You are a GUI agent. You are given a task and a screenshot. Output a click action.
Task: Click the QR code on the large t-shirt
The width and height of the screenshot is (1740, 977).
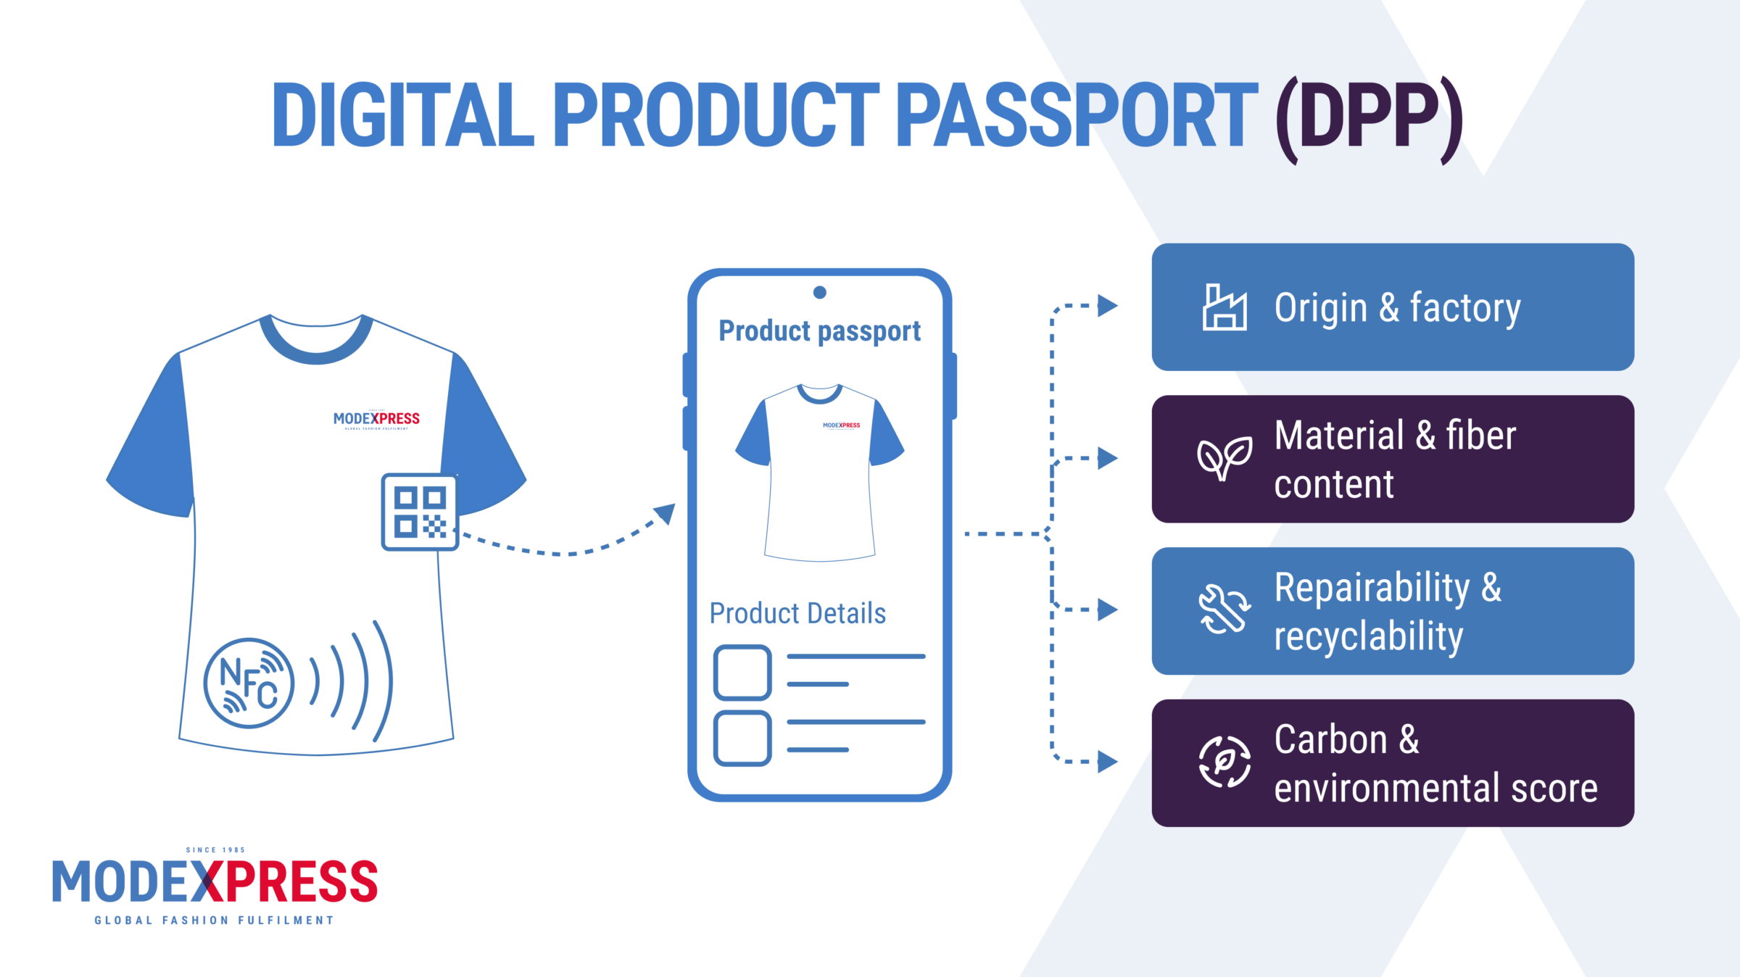coord(420,512)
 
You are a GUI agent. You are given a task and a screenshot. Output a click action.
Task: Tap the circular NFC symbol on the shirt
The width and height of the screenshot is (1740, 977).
coord(249,683)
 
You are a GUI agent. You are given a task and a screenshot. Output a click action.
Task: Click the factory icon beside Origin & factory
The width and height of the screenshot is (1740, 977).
coord(1225,307)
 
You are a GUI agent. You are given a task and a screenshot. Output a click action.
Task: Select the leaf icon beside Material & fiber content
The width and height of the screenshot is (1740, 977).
coord(1224,459)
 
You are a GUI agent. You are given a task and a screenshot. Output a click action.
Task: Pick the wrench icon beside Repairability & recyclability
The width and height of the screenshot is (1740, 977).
coord(1224,610)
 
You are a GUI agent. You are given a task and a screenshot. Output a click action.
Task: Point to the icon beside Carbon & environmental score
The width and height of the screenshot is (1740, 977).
coord(1224,762)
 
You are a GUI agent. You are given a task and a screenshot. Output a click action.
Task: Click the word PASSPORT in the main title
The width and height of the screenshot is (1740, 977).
coord(1077,115)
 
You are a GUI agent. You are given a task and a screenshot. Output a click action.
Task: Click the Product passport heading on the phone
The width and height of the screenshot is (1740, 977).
coord(819,331)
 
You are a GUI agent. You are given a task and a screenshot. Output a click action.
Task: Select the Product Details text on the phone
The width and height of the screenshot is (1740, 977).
coord(797,613)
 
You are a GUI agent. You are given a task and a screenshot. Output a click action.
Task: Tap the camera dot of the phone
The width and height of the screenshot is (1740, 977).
coord(820,292)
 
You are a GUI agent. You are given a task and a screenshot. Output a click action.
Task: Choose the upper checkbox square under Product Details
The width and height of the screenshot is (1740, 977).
coord(742,673)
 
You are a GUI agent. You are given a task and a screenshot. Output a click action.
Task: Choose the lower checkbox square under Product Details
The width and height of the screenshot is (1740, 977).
coord(742,738)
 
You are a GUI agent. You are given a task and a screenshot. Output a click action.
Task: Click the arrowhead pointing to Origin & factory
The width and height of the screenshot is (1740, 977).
coord(1107,306)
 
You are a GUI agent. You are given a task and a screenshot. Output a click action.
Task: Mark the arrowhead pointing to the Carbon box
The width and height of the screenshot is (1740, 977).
coord(1107,762)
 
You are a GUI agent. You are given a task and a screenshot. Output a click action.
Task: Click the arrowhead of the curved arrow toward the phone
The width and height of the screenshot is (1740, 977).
coord(666,513)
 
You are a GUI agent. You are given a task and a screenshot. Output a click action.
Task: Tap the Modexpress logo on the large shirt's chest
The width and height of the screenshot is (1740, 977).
coord(376,419)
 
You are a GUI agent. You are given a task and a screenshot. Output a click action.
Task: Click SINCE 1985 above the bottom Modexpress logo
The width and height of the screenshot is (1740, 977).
coord(215,850)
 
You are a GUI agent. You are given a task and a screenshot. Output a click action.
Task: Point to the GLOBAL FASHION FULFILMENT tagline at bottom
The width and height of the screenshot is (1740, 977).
coord(214,920)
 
